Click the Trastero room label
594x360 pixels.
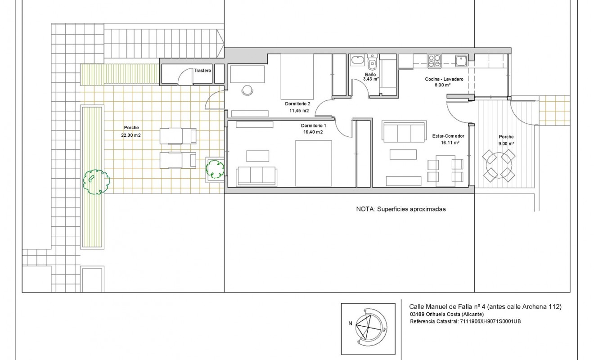click(202, 71)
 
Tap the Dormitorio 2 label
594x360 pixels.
click(297, 103)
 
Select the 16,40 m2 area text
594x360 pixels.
click(312, 132)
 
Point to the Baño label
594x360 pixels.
click(370, 74)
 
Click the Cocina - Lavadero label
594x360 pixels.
click(444, 79)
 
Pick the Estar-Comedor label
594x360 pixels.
click(448, 136)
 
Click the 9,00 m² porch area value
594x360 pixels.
click(506, 143)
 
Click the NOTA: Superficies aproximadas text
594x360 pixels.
click(400, 209)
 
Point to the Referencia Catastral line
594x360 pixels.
click(465, 322)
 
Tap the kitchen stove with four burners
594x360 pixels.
click(434, 61)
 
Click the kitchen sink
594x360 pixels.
click(461, 60)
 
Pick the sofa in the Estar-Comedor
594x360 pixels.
click(404, 131)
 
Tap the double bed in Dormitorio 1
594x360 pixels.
click(313, 162)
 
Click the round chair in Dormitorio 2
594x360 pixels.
click(247, 90)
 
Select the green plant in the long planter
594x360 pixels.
click(96, 182)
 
